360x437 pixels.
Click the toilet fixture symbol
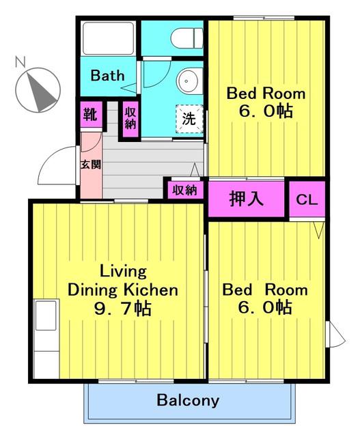coord(187,38)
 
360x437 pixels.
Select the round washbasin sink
coord(188,81)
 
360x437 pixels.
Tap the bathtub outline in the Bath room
coord(108,38)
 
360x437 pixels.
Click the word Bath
coord(107,76)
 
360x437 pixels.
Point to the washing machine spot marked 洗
coord(189,119)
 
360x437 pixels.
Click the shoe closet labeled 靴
coord(91,114)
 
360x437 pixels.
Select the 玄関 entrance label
coord(91,165)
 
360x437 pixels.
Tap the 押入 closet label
coord(246,199)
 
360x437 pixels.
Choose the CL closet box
coord(307,199)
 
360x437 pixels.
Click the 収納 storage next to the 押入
coord(184,191)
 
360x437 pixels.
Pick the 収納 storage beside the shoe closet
coord(130,119)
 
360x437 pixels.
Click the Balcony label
coord(188,400)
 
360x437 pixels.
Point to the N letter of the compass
coord(20,62)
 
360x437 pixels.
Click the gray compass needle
coord(41,92)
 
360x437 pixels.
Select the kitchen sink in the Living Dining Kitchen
coord(46,315)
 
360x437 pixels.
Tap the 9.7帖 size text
coord(123,309)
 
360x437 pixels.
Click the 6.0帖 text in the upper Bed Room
coord(266,111)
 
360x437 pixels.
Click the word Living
coord(123,272)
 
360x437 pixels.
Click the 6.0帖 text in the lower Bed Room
coord(265,307)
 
